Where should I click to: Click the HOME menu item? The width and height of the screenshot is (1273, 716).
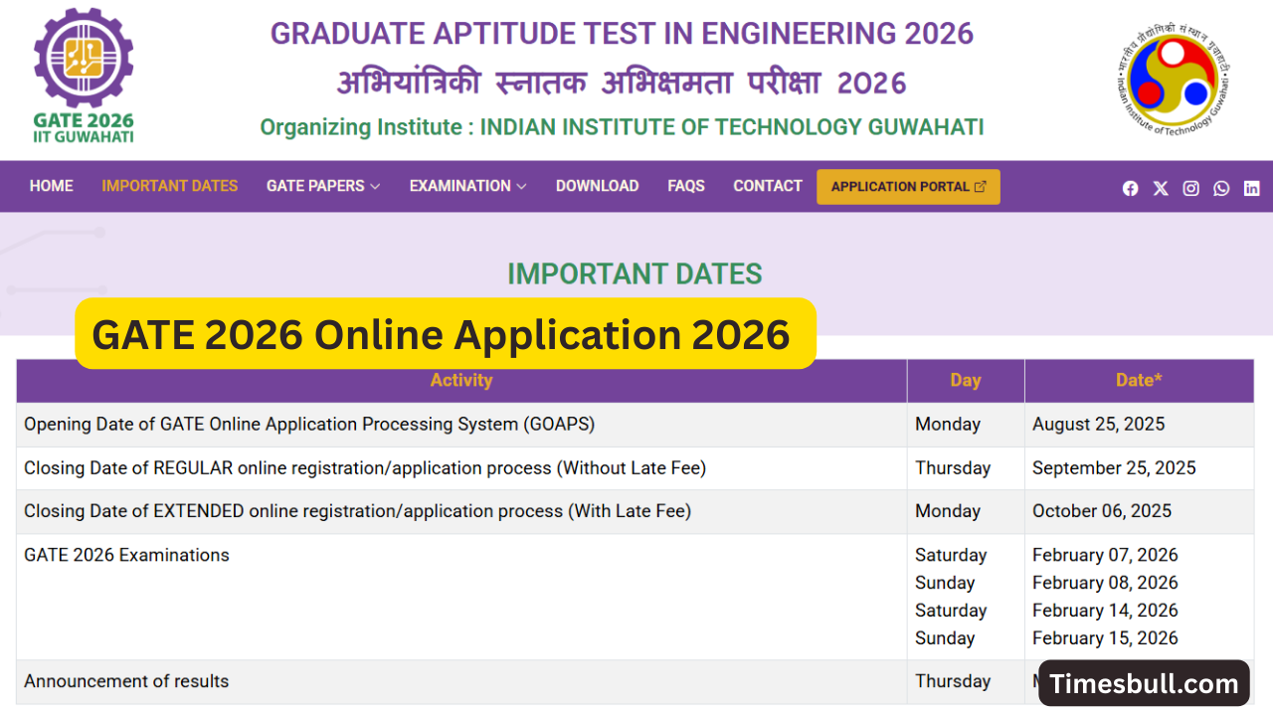click(51, 186)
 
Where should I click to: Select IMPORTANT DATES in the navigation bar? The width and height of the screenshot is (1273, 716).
click(169, 186)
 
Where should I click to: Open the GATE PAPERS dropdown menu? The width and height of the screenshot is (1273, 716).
click(323, 186)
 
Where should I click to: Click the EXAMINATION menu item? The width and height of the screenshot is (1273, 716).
click(467, 186)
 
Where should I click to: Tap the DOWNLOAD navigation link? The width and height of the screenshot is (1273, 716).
click(597, 186)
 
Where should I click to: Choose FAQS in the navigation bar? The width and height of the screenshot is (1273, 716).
click(686, 186)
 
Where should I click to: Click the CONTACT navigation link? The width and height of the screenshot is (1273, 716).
click(768, 186)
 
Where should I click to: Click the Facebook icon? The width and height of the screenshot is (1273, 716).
click(1130, 188)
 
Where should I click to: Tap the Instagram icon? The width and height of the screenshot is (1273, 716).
click(1190, 188)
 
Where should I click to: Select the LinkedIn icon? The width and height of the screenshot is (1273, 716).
click(1251, 188)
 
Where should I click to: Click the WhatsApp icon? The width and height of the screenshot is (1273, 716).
click(1221, 188)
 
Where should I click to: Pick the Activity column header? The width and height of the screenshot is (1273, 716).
click(460, 380)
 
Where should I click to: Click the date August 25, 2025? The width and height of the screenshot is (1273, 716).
click(1098, 424)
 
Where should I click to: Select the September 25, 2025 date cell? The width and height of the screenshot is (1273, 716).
click(1114, 467)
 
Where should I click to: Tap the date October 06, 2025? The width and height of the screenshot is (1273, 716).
click(1102, 511)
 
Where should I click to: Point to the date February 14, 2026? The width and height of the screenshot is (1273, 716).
click(1105, 611)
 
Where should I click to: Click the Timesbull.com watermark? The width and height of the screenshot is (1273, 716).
click(1144, 684)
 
